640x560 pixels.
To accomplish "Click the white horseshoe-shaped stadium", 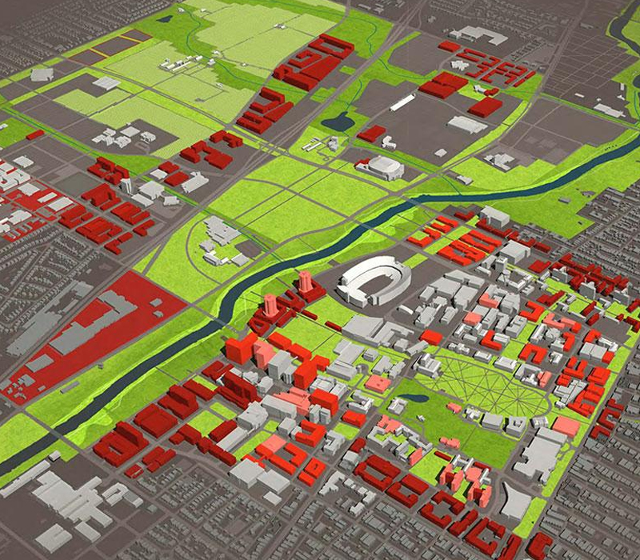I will [x=374, y=282].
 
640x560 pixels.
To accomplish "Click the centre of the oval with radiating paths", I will [x=480, y=382].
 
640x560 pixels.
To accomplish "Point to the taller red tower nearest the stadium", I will [x=306, y=282].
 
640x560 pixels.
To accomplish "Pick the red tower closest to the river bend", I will [x=270, y=306].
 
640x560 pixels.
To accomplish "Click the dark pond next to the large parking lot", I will [x=338, y=122].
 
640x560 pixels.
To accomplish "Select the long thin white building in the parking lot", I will [x=404, y=103].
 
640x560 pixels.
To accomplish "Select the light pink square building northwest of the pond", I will [x=378, y=383].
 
